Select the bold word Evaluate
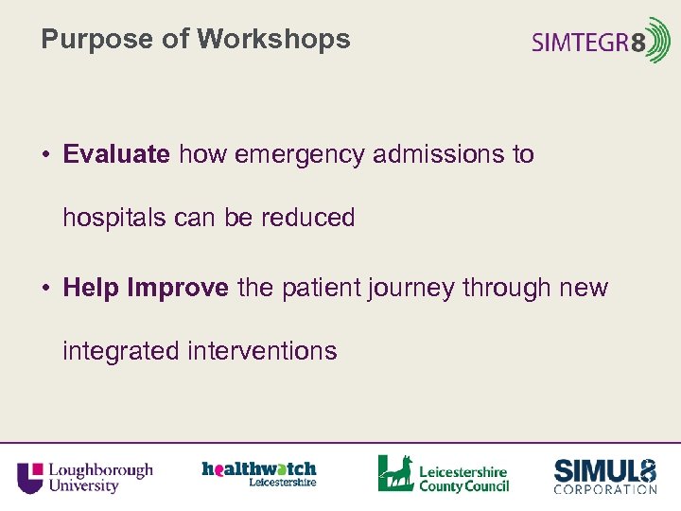pos(116,154)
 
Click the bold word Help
pos(91,288)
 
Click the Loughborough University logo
pos(85,476)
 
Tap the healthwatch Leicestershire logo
pos(259,473)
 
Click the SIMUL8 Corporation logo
pos(604,475)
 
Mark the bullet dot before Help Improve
pos(46,288)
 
